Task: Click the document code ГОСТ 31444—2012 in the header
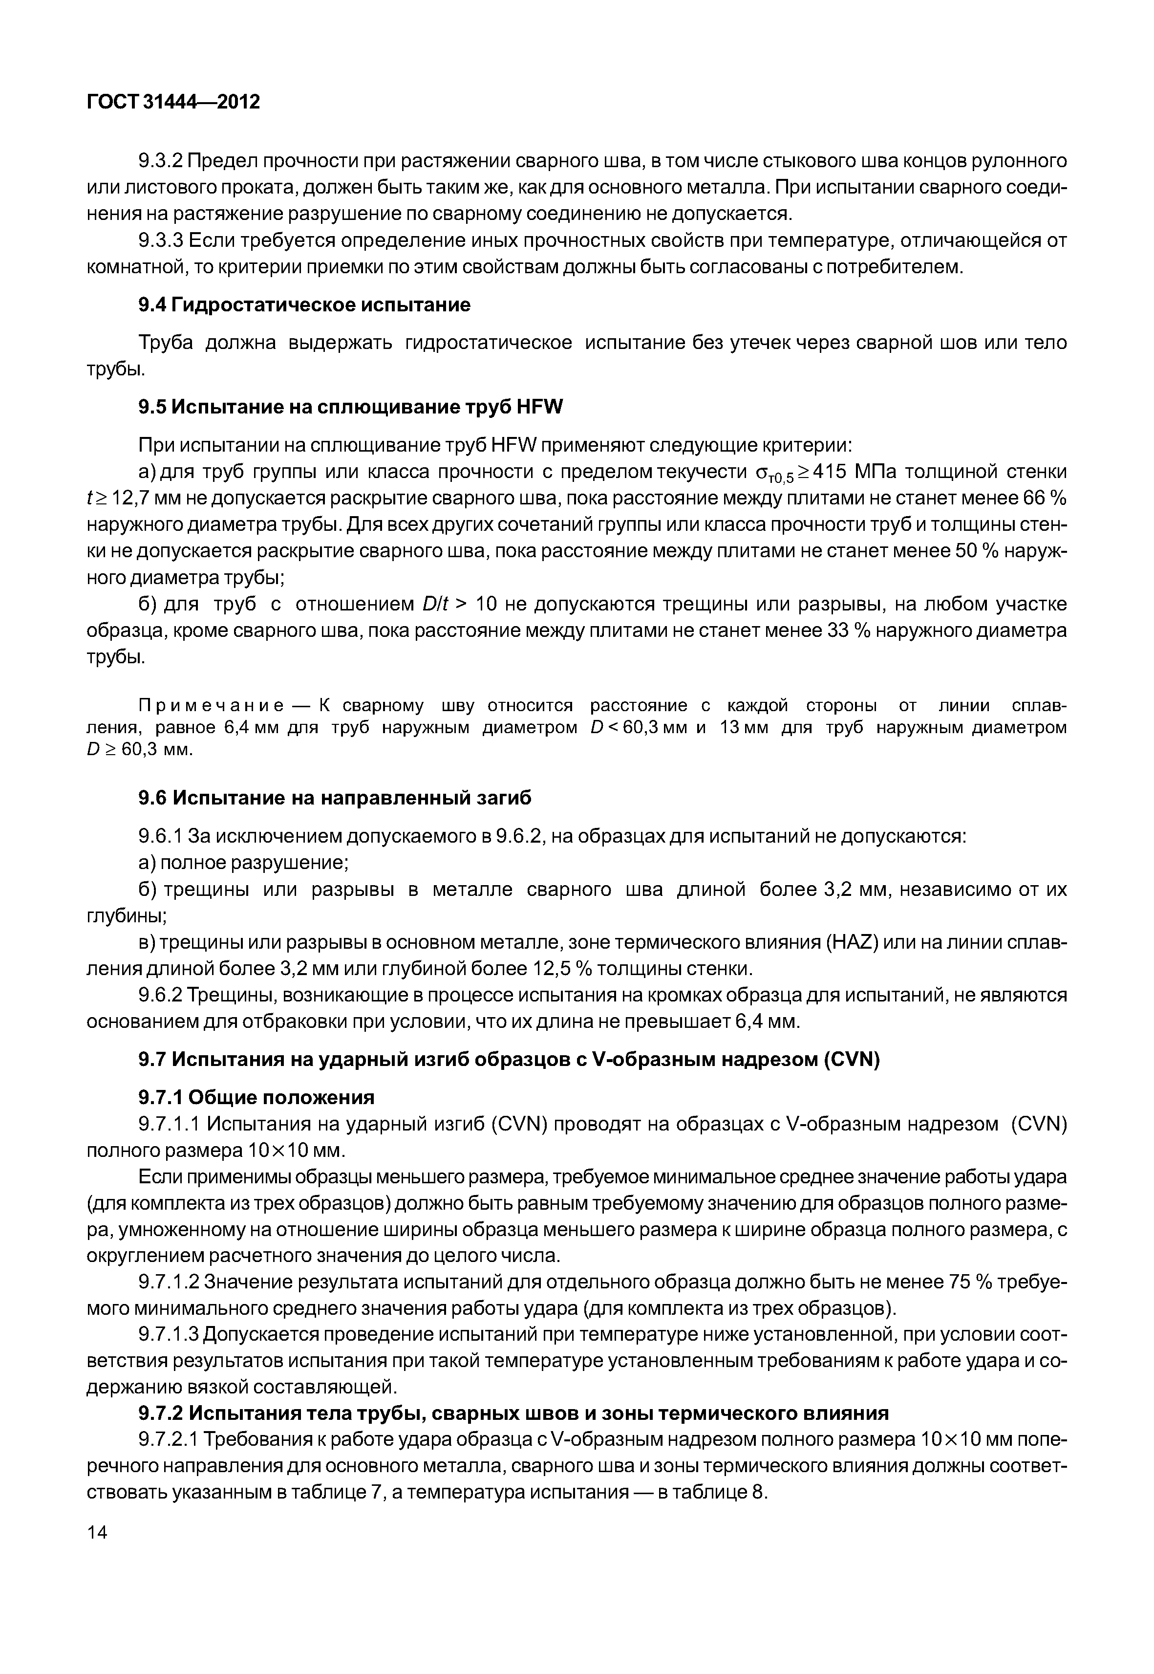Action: [173, 103]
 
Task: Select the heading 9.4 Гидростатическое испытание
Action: [304, 304]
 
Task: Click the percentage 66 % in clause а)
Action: [1046, 499]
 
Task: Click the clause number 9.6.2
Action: [161, 996]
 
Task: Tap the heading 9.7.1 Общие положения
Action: [256, 1097]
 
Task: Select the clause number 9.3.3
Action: [161, 240]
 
